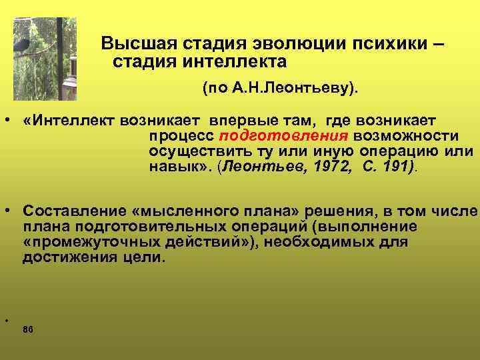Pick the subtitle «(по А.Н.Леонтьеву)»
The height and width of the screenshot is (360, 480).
(x=280, y=87)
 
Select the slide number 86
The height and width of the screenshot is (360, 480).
(x=28, y=330)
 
